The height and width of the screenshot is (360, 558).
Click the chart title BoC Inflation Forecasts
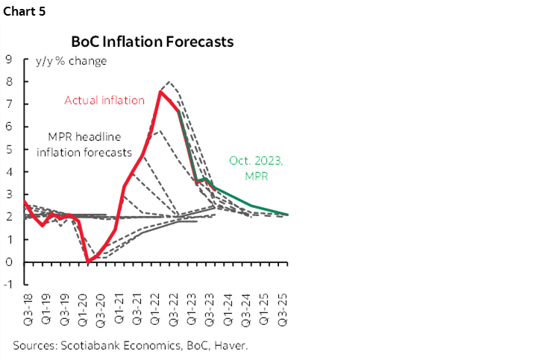point(152,42)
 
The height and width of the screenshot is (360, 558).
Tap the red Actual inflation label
point(104,101)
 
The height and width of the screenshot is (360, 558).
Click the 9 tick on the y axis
point(8,60)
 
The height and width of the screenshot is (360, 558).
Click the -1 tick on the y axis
point(7,285)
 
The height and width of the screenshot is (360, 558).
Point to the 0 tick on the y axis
point(8,262)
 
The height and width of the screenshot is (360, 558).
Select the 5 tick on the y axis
point(8,150)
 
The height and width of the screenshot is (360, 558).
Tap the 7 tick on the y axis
point(8,104)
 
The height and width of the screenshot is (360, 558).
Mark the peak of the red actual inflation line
point(160,92)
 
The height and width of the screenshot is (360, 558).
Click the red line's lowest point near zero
point(88,261)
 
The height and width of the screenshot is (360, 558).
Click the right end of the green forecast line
point(288,215)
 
